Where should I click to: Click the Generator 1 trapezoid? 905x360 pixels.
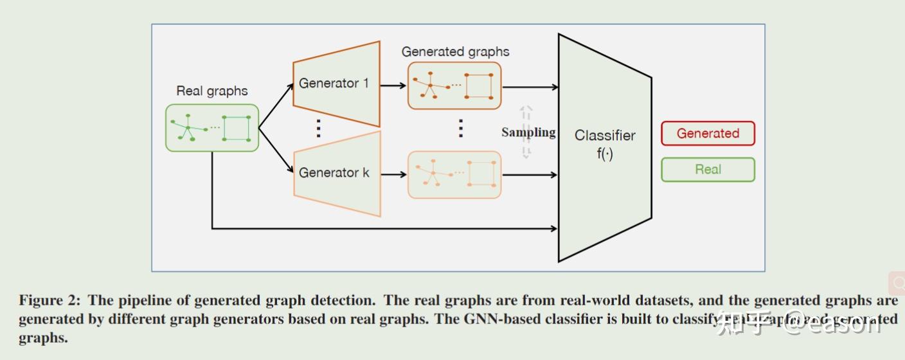coord(336,84)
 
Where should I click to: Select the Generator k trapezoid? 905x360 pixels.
coord(336,173)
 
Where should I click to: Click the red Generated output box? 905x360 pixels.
coord(708,134)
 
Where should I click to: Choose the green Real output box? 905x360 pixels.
coord(708,170)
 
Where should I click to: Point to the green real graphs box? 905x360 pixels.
coord(212,128)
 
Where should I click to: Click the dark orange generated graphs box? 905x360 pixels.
coord(454,85)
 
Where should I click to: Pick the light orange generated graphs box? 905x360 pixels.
coord(454,174)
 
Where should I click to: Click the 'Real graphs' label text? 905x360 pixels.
coord(212,91)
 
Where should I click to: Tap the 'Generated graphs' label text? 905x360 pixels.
coord(455,51)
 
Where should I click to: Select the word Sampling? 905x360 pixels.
coord(528,132)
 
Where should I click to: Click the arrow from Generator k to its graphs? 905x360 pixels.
coord(393,174)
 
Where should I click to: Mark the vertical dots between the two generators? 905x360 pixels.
coord(318,129)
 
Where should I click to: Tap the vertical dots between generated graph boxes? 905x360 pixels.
coord(460,129)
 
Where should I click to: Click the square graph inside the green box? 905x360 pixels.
coord(237,128)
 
